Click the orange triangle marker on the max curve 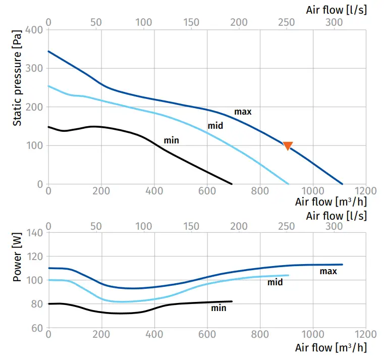tap(288, 146)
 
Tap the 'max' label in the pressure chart tap(243, 112)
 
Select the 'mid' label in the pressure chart tap(215, 125)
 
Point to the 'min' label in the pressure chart tap(172, 140)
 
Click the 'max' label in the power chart tap(328, 272)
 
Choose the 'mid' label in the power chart tap(275, 282)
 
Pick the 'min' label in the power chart tap(218, 308)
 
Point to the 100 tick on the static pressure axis tap(36, 145)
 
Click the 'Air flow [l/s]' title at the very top tap(336, 10)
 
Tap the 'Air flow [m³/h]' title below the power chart tap(331, 347)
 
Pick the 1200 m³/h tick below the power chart tap(366, 334)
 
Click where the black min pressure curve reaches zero tap(232, 184)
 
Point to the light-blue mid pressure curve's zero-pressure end tap(288, 184)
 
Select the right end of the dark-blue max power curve tap(343, 265)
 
